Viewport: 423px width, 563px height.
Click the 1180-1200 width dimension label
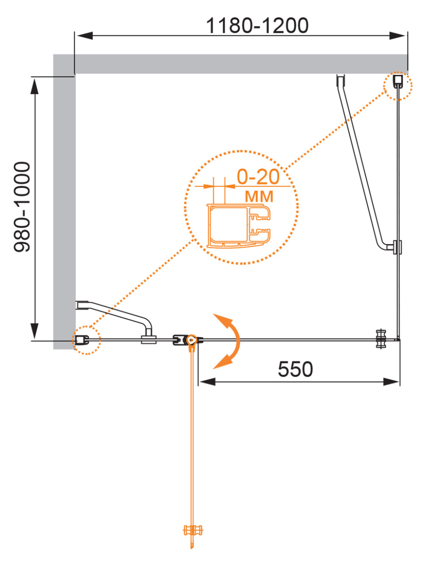[257, 26]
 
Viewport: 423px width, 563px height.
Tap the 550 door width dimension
[295, 369]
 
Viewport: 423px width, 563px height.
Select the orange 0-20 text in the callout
[258, 177]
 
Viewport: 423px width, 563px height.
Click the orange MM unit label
[259, 197]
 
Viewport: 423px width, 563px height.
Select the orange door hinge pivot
[191, 340]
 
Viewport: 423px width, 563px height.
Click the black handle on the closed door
[381, 339]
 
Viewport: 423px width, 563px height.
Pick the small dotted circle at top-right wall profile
[397, 85]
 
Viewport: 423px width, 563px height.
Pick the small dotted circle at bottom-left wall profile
[86, 340]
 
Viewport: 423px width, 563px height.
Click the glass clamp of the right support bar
[397, 247]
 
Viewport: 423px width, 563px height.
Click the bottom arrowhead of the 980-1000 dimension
[34, 331]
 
